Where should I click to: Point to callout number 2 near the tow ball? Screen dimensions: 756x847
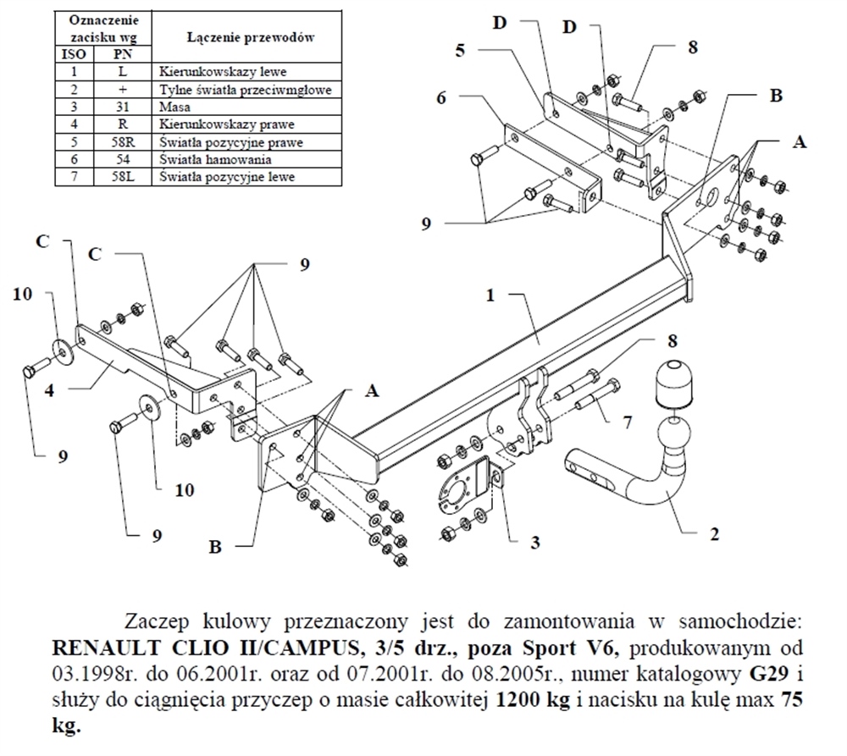pyautogui.click(x=713, y=534)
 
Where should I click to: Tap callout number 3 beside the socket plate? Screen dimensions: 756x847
pyautogui.click(x=534, y=542)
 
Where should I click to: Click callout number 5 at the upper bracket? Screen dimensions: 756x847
pyautogui.click(x=461, y=50)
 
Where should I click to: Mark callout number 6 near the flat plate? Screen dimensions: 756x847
pyautogui.click(x=442, y=98)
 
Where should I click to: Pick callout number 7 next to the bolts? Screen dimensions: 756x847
pyautogui.click(x=627, y=422)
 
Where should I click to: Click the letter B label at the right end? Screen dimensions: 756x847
pyautogui.click(x=774, y=96)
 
